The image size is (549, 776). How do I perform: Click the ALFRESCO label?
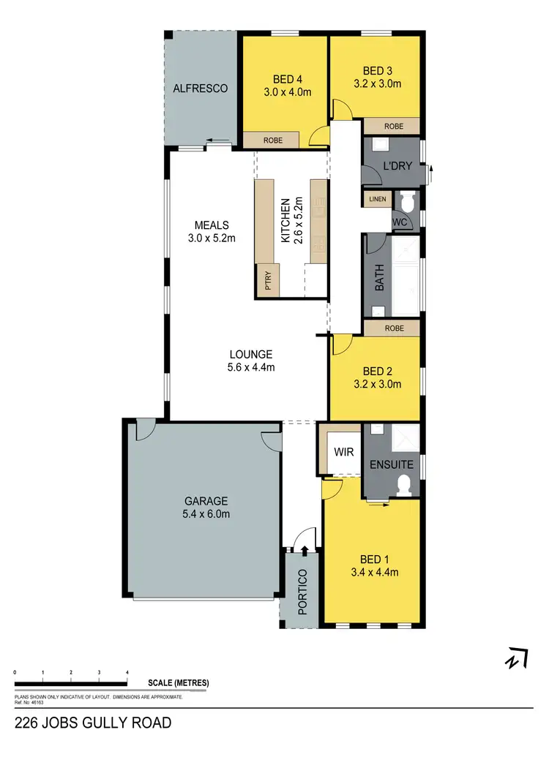[x=200, y=88]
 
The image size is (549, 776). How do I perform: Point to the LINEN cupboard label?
[x=377, y=199]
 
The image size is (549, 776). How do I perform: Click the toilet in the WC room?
[x=408, y=200]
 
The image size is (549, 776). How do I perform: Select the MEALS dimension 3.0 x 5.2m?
[x=212, y=238]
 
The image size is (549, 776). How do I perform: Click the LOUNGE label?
[x=250, y=354]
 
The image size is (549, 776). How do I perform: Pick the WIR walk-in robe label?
[x=343, y=452]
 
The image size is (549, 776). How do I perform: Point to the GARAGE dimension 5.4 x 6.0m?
[x=206, y=514]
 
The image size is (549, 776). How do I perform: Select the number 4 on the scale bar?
[x=127, y=672]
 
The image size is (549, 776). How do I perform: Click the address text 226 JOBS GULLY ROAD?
[x=93, y=723]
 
